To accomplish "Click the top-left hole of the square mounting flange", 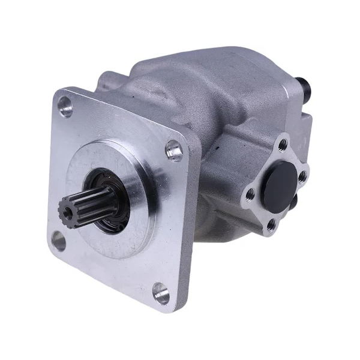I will tap(65, 107).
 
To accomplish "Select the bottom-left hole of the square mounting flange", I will tap(59, 241).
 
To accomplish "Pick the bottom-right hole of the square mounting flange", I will tap(160, 293).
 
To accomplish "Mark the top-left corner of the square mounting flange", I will tap(57, 92).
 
